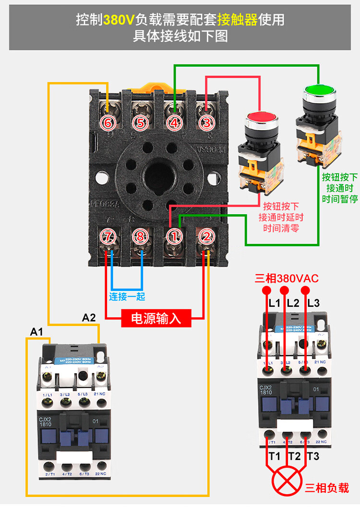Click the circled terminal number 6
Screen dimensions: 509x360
tap(108, 122)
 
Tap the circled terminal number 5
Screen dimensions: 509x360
tap(140, 122)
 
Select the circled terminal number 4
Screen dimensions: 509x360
tap(174, 122)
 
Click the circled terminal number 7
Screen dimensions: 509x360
tap(108, 236)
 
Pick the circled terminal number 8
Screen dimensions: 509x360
tap(140, 236)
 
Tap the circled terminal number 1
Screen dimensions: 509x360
tap(174, 236)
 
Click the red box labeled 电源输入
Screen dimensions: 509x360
tap(156, 318)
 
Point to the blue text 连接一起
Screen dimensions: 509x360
tap(127, 296)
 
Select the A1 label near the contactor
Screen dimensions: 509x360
tap(36, 332)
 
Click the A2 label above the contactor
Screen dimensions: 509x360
tap(89, 317)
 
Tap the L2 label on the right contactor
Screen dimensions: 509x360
tap(293, 303)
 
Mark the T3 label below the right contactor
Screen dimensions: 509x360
tap(313, 456)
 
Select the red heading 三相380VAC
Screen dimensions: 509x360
tap(287, 279)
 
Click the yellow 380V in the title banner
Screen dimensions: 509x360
tap(119, 19)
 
